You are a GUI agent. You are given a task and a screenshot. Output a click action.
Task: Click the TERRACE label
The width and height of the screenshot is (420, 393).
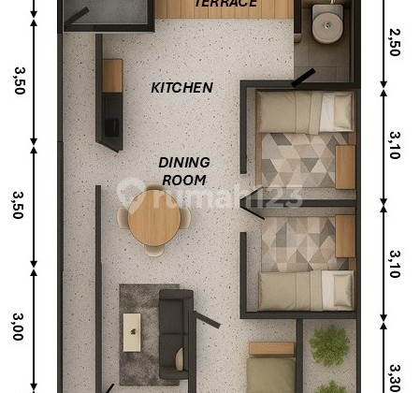tap(225, 4)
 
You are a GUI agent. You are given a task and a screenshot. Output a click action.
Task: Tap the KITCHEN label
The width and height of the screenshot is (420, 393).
tap(182, 88)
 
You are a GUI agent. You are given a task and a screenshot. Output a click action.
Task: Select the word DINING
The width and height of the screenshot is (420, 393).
tap(183, 162)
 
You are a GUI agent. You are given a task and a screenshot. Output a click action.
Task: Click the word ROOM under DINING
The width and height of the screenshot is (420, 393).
tap(183, 180)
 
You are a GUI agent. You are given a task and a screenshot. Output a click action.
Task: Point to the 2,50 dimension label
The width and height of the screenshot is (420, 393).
tap(394, 43)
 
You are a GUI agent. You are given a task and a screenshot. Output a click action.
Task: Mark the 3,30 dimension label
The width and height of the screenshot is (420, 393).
tap(394, 377)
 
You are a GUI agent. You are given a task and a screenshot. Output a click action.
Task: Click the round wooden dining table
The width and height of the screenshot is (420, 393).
tap(153, 218)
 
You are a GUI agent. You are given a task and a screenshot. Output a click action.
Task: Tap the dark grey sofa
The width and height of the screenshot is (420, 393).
tap(174, 332)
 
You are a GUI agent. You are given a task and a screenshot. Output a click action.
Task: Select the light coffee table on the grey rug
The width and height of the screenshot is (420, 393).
tap(132, 332)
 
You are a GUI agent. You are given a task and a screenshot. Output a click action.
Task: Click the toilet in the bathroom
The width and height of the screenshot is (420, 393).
tap(326, 23)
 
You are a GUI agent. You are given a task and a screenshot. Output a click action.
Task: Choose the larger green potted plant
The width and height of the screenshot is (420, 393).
tap(329, 346)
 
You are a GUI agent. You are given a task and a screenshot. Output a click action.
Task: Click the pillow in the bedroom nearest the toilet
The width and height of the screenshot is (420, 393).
tap(336, 111)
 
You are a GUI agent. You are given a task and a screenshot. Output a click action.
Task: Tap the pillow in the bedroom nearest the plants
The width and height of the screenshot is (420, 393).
tap(336, 289)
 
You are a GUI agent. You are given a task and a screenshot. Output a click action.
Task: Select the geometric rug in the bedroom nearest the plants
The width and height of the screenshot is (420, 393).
tap(297, 243)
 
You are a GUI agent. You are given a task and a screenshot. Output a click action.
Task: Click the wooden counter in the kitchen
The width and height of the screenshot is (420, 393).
tap(112, 75)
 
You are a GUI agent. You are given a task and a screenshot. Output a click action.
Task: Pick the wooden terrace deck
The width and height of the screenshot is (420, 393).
tap(224, 9)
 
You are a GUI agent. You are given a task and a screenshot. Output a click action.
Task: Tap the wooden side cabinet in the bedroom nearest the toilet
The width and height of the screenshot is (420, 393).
tap(345, 167)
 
